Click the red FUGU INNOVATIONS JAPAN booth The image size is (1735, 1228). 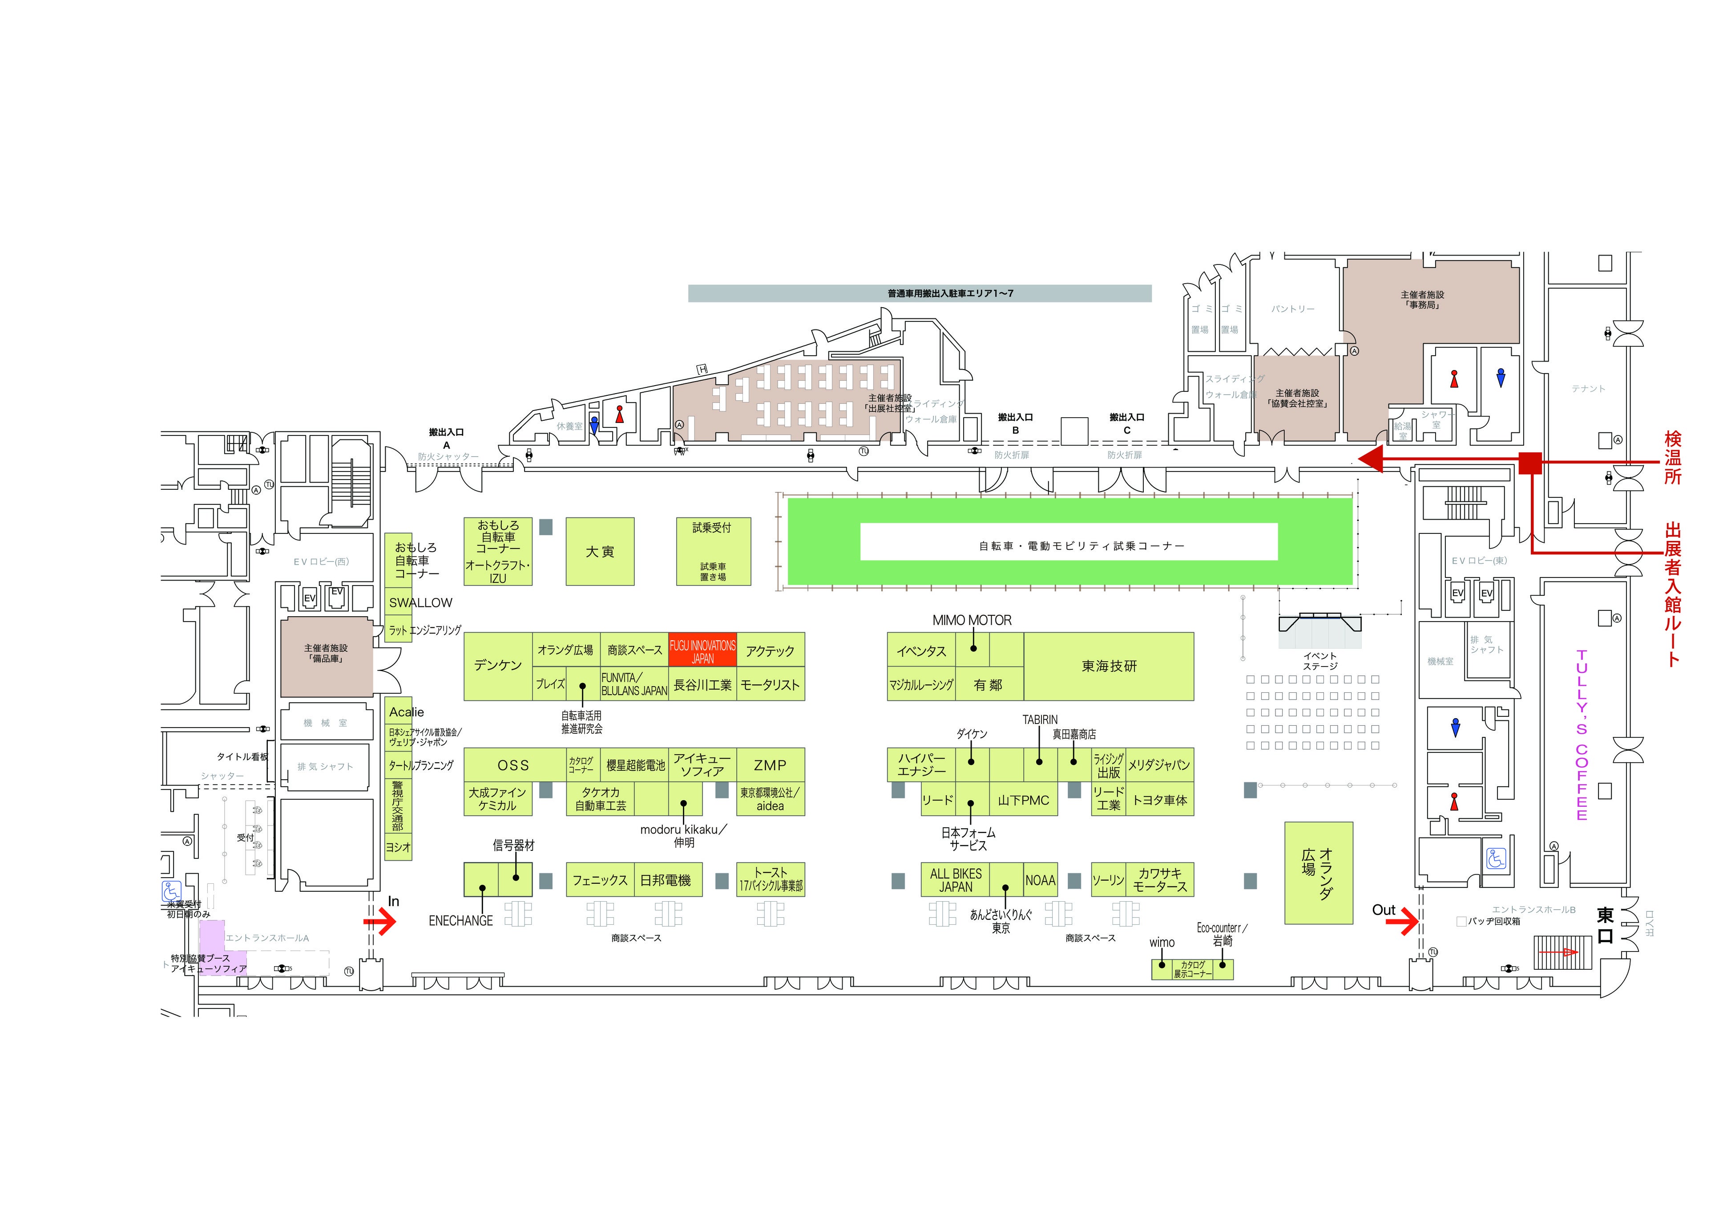pos(702,651)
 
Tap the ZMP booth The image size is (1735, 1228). pos(770,765)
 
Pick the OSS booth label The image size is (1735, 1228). pos(513,765)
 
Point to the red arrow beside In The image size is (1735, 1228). pos(380,922)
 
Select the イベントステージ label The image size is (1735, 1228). pos(1319,661)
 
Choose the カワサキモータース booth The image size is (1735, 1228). pos(1160,879)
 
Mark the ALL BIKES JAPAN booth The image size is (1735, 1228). pos(956,879)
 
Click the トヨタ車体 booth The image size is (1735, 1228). pos(1160,800)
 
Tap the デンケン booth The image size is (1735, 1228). pos(497,665)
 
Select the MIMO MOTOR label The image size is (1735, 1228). pos(972,620)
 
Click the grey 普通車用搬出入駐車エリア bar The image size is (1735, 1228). pos(919,293)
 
